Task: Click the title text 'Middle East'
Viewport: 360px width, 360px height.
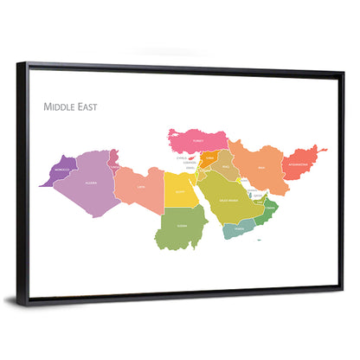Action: [71, 108]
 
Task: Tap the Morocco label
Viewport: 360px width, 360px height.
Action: [62, 170]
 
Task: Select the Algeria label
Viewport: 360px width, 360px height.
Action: [89, 183]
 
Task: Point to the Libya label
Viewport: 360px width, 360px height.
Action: [140, 186]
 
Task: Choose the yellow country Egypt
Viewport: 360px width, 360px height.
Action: [180, 192]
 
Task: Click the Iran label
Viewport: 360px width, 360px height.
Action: [260, 168]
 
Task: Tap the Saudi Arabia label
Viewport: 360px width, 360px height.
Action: [231, 200]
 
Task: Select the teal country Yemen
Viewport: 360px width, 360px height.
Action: [236, 228]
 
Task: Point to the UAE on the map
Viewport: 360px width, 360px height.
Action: [258, 198]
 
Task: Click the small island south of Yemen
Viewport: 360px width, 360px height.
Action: [260, 240]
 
